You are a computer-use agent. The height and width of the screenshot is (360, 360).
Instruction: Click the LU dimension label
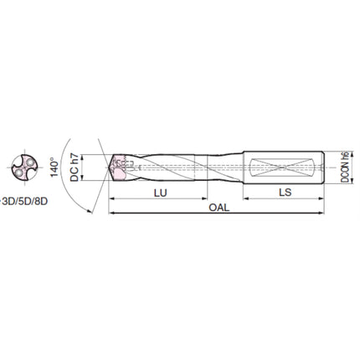tap(160, 193)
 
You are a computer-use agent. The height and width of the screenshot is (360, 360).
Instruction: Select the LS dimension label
tap(285, 192)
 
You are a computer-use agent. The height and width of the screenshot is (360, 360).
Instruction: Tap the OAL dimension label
tap(219, 208)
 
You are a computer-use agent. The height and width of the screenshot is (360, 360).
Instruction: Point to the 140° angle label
tap(54, 167)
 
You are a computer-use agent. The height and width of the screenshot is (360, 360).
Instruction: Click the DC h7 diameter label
tap(75, 167)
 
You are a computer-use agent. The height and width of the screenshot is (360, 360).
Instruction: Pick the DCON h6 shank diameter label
tap(345, 167)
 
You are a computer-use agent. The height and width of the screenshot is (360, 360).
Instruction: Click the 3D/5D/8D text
tap(25, 202)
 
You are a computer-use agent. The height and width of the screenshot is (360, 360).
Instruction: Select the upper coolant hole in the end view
tap(29, 162)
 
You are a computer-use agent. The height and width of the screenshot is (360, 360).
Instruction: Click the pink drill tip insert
tap(119, 167)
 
